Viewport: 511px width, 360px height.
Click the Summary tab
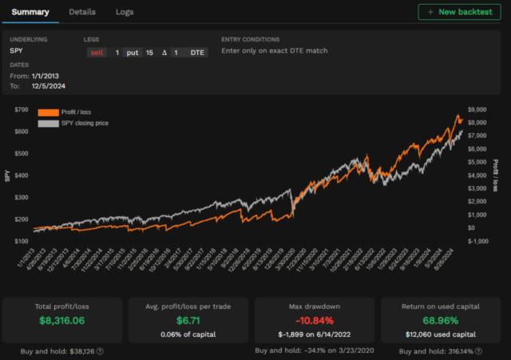(30, 12)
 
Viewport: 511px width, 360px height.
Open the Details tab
(82, 12)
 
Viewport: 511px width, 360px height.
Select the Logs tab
(125, 12)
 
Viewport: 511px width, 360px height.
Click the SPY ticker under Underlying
(17, 51)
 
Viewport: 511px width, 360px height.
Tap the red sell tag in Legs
(97, 52)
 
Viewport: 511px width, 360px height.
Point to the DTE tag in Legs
(196, 52)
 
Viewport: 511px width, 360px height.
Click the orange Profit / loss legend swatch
(49, 113)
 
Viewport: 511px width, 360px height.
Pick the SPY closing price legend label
(88, 124)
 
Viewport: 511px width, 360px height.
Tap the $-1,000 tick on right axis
(477, 241)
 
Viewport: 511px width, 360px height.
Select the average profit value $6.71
(188, 320)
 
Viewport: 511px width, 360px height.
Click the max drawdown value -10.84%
(313, 320)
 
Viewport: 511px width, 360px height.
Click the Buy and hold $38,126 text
(62, 350)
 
